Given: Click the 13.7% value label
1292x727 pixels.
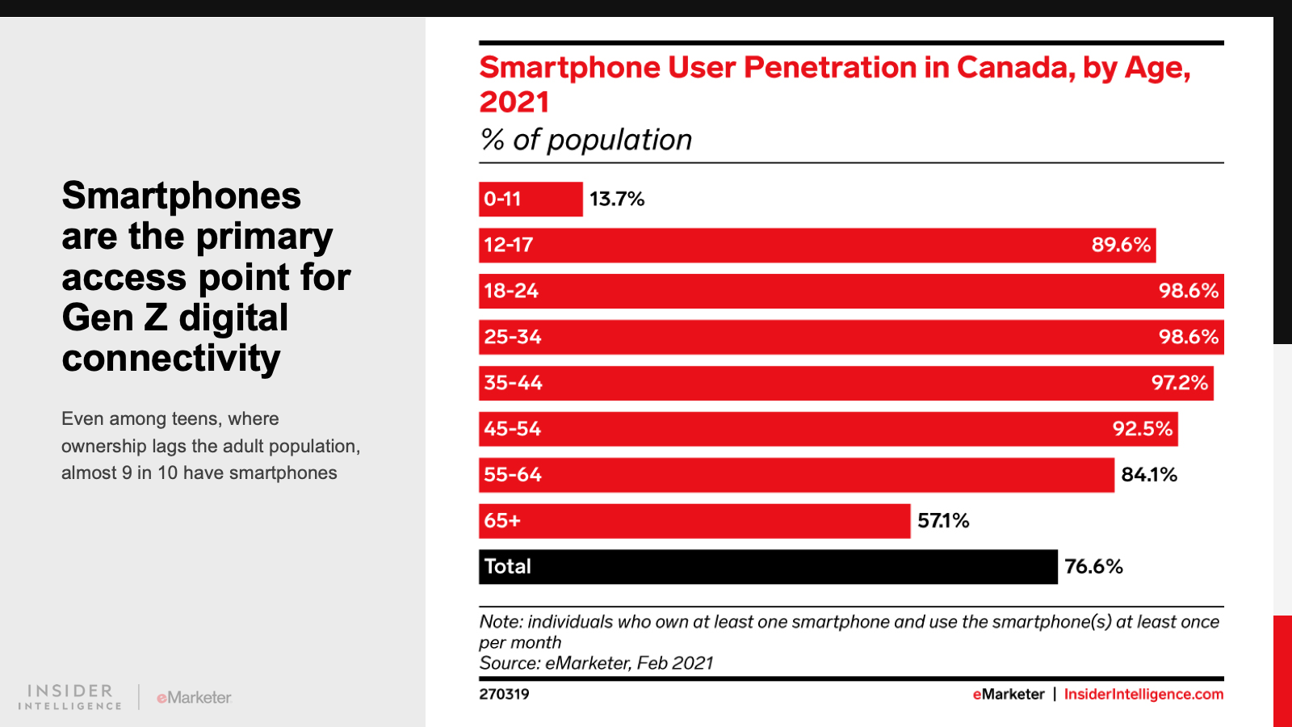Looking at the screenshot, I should tap(617, 199).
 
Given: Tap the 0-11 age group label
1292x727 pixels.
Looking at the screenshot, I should tap(502, 199).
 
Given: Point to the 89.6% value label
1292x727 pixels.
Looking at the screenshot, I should tap(1121, 245).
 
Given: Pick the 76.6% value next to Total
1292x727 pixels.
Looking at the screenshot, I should tap(1093, 566).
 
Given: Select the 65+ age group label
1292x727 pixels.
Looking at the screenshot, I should tap(502, 521).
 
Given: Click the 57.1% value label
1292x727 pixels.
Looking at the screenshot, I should tap(943, 521).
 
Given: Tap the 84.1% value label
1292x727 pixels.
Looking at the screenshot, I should tap(1149, 475).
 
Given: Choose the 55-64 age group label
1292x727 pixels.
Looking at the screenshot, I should tap(513, 475).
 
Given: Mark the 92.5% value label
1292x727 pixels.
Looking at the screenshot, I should tap(1143, 429).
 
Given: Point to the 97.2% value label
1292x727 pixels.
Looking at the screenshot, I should tap(1180, 383).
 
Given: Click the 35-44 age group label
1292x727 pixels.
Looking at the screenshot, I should tap(514, 383).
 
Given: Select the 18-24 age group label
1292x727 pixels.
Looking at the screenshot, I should tap(511, 291).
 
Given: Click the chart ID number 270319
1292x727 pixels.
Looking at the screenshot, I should tap(504, 694).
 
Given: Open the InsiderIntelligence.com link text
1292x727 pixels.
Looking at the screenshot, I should tap(1143, 694).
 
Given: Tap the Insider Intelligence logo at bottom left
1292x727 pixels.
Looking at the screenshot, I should tap(70, 696).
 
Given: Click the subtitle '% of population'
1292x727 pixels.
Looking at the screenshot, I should tap(586, 140).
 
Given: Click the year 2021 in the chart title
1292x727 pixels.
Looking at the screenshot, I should tap(514, 102).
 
